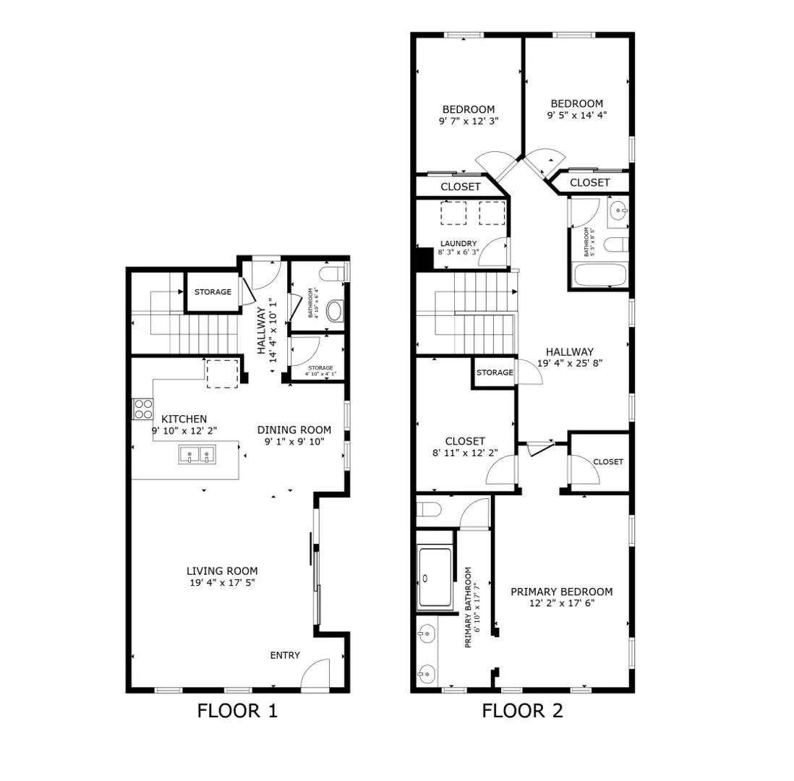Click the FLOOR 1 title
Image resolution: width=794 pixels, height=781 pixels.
point(237,711)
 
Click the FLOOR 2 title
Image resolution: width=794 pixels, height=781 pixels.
point(522,711)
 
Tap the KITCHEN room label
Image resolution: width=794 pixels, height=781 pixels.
point(184,419)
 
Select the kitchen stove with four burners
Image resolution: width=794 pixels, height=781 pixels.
point(142,409)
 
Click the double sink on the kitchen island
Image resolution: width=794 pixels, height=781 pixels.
point(197,454)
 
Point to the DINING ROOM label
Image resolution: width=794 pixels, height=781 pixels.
point(294,430)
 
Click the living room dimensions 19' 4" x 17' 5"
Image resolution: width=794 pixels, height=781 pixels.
point(222,582)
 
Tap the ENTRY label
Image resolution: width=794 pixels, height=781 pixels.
point(285,655)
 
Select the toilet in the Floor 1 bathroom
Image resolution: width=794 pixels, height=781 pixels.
point(333,274)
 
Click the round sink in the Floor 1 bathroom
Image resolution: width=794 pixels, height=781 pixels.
point(335,311)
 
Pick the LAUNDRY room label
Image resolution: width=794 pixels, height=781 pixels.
point(458,243)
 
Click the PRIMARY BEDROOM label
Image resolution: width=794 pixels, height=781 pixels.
point(562,592)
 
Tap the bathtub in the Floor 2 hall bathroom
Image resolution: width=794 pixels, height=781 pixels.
point(600,275)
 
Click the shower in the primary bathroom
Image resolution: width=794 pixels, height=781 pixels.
point(435,578)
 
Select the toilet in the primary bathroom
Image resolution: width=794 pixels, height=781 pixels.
point(429,508)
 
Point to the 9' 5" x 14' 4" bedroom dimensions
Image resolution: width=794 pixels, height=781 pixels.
point(577,115)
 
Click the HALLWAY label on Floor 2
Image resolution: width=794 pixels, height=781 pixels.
point(570,351)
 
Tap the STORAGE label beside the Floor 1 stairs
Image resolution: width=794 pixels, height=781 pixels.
point(213,291)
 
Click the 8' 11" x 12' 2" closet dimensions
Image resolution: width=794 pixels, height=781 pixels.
point(465,453)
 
